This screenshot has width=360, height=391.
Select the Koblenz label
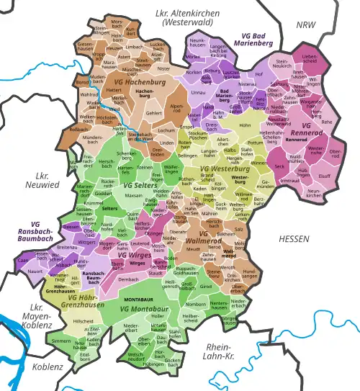coord(48,367)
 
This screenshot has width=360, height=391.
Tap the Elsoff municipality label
coord(325,174)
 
